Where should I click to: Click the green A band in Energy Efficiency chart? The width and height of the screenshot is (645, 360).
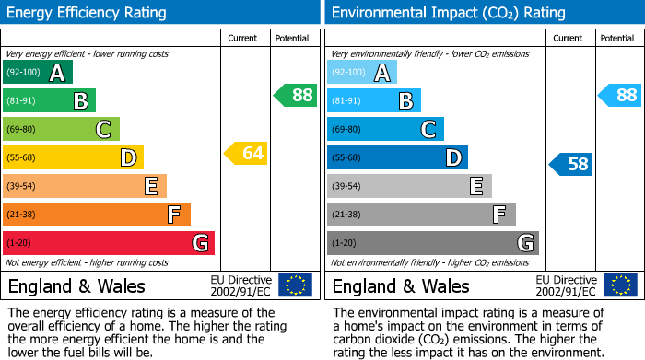tap(38, 73)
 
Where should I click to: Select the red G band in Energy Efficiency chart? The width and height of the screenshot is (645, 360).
tap(108, 243)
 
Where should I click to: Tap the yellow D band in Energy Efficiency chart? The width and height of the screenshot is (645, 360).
tap(73, 157)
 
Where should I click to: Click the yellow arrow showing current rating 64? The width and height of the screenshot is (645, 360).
tap(246, 153)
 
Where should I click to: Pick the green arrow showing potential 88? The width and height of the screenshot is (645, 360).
tap(296, 95)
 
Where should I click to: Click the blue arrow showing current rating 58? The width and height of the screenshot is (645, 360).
tap(571, 165)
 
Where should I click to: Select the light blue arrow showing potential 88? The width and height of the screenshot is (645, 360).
tap(620, 95)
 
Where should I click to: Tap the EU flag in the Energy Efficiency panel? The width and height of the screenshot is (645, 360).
tap(296, 285)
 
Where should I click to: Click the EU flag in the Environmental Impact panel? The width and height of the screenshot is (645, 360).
tap(620, 285)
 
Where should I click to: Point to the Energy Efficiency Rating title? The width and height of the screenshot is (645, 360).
tap(88, 13)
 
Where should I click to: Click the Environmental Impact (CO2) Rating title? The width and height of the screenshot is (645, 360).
tap(448, 13)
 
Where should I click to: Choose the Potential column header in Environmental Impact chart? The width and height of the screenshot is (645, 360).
tap(617, 38)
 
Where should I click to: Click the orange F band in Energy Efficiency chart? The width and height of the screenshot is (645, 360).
tap(96, 215)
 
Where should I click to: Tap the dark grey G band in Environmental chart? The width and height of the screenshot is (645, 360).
tap(432, 243)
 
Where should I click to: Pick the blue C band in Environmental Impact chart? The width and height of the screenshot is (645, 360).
tap(385, 129)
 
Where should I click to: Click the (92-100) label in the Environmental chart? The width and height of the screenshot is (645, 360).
tap(349, 73)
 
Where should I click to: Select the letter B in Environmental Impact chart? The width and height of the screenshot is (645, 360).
tap(405, 101)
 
